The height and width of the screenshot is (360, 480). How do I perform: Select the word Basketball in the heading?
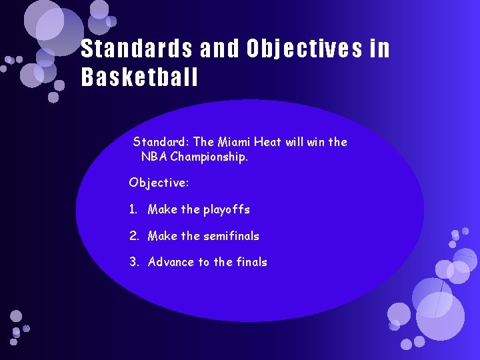point(139,78)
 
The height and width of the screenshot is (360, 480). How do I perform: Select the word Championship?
point(209,157)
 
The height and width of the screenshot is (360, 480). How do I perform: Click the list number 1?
point(133,209)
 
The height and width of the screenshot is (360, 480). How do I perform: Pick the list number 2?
point(133,236)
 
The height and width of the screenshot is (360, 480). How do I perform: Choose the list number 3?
point(133,262)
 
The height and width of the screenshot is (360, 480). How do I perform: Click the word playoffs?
point(227,209)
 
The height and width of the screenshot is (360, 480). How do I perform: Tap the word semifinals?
point(231,236)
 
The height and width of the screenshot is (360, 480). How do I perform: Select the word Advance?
point(171,262)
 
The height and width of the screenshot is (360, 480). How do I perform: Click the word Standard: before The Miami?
point(161,142)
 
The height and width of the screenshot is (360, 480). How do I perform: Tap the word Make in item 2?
point(163,236)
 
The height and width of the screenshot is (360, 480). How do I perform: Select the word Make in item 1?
point(163,209)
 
